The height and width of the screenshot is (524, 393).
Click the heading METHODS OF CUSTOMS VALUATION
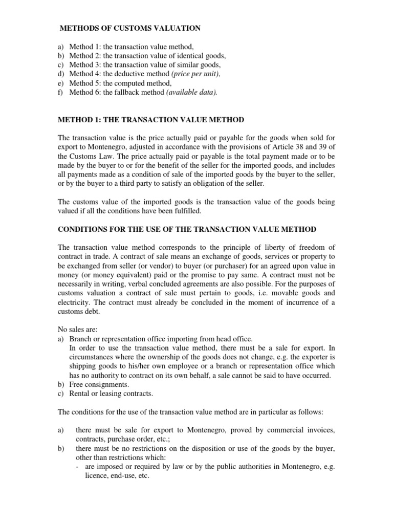click(x=130, y=28)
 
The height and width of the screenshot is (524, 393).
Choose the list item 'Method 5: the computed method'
click(x=120, y=83)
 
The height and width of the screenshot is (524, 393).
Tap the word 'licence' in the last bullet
click(x=98, y=476)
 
